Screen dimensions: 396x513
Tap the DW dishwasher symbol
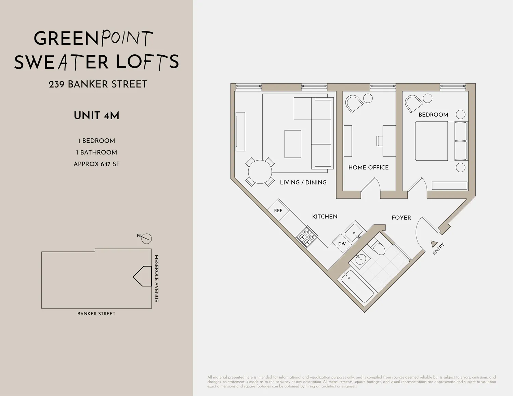point(342,244)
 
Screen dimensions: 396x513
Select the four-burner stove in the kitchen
point(307,236)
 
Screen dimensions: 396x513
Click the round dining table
point(260,172)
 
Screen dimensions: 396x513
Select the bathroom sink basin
point(360,260)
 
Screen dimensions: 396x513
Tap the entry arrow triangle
point(433,244)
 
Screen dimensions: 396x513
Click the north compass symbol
point(146,238)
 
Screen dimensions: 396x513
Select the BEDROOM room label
point(433,115)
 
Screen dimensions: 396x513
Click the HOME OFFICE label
point(368,167)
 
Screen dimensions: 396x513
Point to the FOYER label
point(401,218)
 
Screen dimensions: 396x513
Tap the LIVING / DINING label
point(303,182)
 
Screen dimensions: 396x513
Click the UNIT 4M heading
point(96,115)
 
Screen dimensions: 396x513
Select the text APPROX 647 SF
point(96,164)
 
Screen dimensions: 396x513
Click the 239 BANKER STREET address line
point(98,84)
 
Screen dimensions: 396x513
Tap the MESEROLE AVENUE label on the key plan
point(156,278)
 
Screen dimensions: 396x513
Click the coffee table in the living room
point(293,144)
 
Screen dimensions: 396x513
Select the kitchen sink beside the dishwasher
point(354,232)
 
